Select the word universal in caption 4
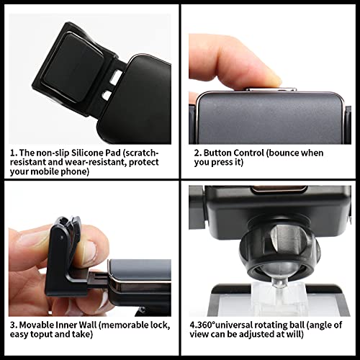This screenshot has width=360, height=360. point(234,325)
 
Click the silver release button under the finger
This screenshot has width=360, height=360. point(271,89)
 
